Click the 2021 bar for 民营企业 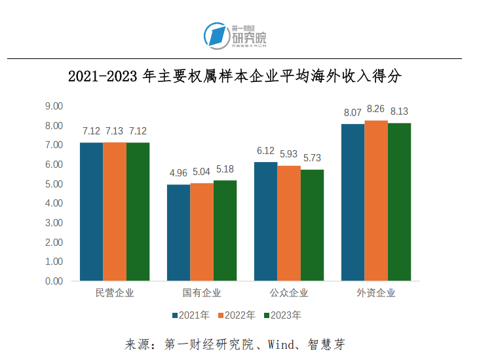click(x=91, y=212)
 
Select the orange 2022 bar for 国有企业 click(x=202, y=232)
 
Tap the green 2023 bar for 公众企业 click(x=312, y=225)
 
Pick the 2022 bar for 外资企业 click(x=376, y=201)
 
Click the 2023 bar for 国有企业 click(x=225, y=231)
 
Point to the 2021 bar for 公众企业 click(x=265, y=222)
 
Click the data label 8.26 click(x=376, y=109)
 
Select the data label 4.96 click(x=178, y=173)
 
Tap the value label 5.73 click(x=312, y=158)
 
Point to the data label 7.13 click(x=115, y=130)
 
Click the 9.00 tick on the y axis click(x=54, y=106)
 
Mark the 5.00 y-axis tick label click(x=54, y=184)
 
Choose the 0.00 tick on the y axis click(x=54, y=281)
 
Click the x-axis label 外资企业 click(x=376, y=293)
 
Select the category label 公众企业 click(x=288, y=293)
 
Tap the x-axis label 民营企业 click(x=115, y=293)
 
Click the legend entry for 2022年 click(x=236, y=315)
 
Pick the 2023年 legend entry click(x=282, y=315)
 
